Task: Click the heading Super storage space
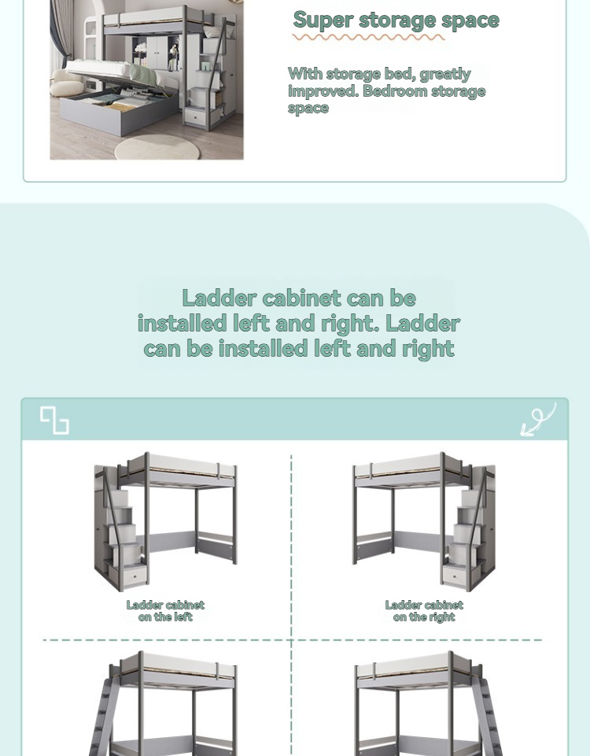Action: click(396, 20)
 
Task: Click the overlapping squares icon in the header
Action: click(54, 420)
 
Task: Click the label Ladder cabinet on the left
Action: click(165, 611)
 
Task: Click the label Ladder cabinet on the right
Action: click(424, 611)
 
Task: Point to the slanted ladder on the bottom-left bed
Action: click(102, 717)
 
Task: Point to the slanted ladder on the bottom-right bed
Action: click(491, 717)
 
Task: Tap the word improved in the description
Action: click(322, 91)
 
